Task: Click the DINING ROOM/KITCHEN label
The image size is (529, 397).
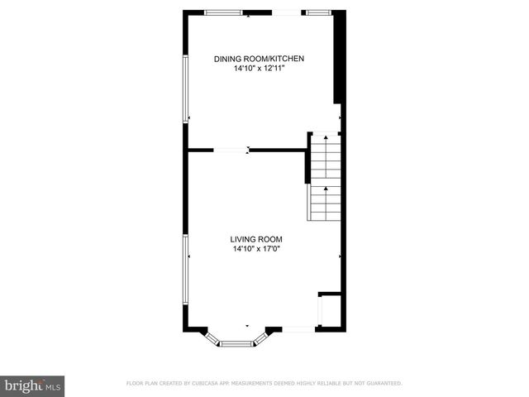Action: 260,59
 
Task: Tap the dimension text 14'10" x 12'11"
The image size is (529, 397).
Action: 260,69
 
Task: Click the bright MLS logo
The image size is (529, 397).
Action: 33,385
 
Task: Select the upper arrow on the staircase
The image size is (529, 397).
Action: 326,139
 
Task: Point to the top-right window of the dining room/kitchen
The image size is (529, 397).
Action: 318,12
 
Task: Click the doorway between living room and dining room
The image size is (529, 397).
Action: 231,151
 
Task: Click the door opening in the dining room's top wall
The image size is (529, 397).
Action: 288,12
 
